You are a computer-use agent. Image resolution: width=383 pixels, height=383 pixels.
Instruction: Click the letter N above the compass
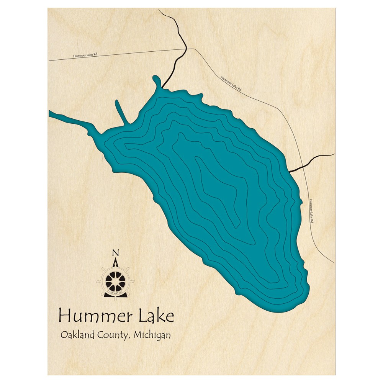[115, 253]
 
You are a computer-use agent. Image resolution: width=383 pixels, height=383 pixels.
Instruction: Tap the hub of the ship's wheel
[115, 282]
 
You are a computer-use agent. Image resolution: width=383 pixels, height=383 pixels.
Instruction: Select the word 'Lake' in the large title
[157, 316]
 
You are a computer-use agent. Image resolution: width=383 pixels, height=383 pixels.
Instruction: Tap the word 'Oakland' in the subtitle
[76, 335]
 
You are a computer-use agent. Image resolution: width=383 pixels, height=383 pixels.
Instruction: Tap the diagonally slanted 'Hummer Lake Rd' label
[231, 83]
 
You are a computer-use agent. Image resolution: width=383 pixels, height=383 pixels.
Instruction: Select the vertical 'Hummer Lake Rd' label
[312, 210]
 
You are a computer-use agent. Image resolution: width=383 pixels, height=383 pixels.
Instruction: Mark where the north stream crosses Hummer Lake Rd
[185, 49]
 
